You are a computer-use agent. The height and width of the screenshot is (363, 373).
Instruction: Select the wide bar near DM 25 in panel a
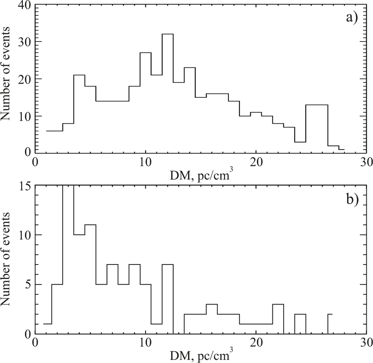click(316, 105)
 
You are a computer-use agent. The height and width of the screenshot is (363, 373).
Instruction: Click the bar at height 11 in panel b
click(90, 225)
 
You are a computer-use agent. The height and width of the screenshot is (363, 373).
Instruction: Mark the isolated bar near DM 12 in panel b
click(168, 265)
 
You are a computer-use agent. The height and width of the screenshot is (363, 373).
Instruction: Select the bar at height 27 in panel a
click(145, 53)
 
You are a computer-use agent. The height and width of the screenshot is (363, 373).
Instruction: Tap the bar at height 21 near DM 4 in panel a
click(79, 75)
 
